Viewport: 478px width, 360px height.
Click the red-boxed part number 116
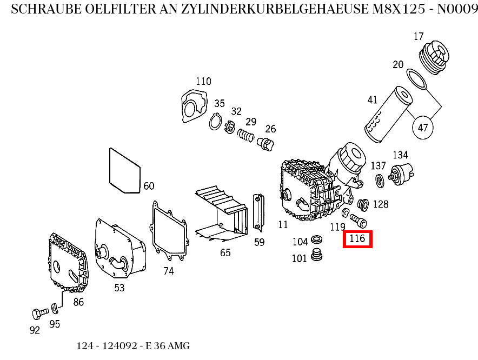point(357,238)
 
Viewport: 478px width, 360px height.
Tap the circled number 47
point(423,128)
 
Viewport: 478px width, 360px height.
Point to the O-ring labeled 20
point(416,79)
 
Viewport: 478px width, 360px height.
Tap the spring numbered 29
point(246,135)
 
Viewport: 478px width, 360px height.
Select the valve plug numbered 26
point(267,144)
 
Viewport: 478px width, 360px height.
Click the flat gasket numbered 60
point(125,171)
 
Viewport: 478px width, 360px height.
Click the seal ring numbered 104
point(317,239)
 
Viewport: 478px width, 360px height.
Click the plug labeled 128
point(363,204)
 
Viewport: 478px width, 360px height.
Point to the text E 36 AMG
point(168,346)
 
